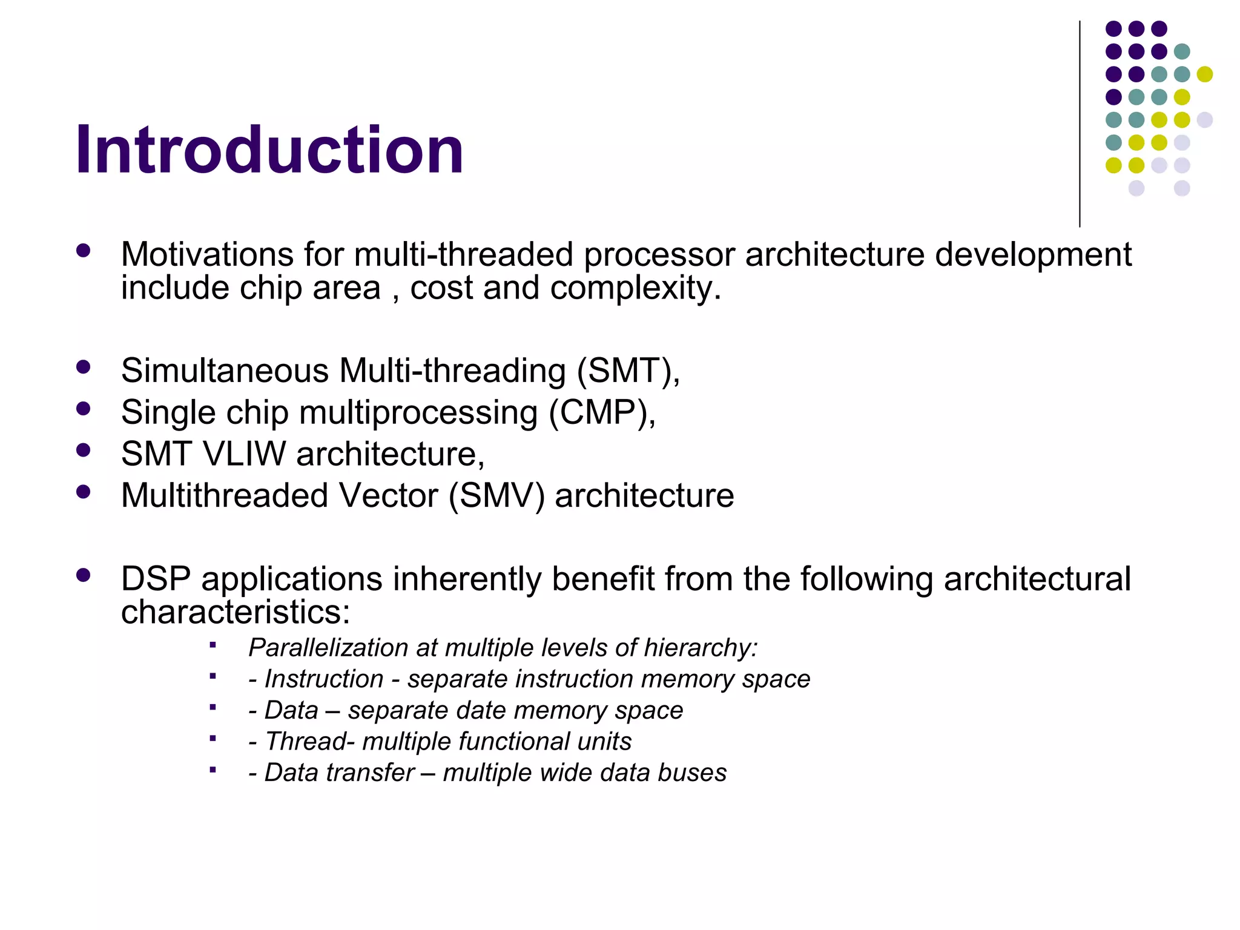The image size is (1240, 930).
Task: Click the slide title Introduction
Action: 269,150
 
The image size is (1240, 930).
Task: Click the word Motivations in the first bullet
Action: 206,254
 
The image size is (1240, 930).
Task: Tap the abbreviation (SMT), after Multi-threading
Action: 628,371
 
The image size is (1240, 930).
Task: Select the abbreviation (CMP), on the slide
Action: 602,413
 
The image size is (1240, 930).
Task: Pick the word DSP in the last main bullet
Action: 156,579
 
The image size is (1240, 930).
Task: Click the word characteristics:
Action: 236,612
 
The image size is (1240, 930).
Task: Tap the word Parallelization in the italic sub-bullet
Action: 328,648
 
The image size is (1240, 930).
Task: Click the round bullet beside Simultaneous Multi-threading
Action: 84,366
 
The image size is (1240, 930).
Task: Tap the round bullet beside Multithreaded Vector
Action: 84,492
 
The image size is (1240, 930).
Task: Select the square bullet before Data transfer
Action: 213,770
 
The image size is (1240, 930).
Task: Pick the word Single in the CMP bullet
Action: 168,413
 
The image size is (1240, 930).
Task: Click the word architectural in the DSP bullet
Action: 1037,579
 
